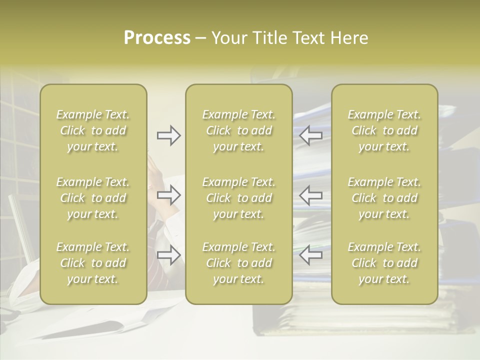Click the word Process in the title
tap(157, 38)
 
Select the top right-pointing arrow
tap(169, 135)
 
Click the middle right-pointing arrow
tap(169, 195)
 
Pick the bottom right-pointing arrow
tap(169, 255)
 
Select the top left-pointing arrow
tap(310, 135)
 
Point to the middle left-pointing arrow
tap(310, 195)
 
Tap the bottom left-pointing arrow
tap(310, 255)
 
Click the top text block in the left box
tap(93, 130)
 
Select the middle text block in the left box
tap(93, 198)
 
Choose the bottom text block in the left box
tap(93, 263)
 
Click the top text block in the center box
tap(239, 130)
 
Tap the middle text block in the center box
tap(239, 198)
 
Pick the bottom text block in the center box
tap(239, 263)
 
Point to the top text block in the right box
tap(384, 130)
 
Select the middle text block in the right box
tap(384, 198)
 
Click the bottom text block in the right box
tap(384, 263)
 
